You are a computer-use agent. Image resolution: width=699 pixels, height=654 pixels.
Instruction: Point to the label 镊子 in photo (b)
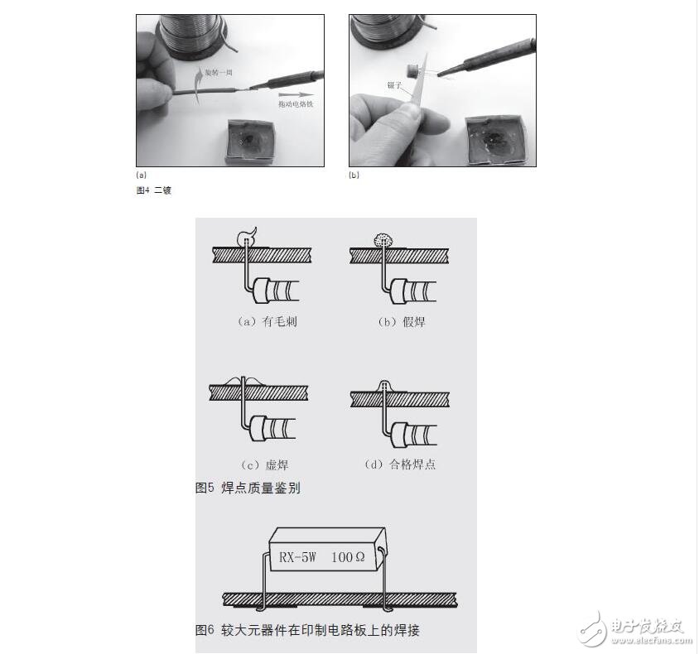click(394, 84)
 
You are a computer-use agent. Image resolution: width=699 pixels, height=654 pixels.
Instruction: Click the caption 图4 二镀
click(153, 190)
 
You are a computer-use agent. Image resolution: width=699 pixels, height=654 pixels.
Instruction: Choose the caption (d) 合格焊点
click(401, 465)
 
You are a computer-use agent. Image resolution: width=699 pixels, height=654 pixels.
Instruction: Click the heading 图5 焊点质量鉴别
click(248, 488)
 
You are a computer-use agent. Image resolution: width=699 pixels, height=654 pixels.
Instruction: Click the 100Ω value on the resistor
click(347, 556)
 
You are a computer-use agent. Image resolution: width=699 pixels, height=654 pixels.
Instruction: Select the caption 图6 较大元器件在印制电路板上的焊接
click(307, 630)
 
